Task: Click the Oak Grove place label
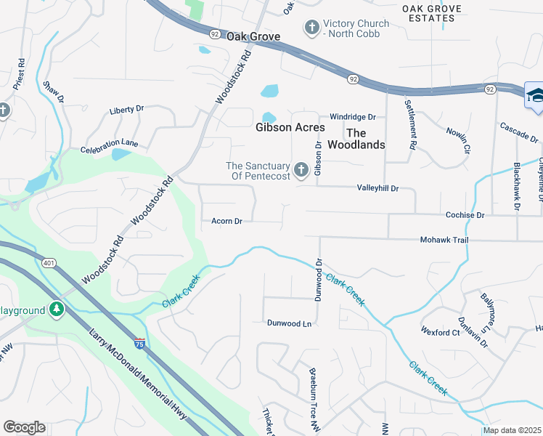click(253, 36)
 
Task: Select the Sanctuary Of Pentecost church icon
click(301, 171)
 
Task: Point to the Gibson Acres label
click(290, 127)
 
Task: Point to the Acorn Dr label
click(226, 221)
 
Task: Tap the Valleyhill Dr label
click(377, 188)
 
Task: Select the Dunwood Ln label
click(289, 323)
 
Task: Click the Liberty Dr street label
click(126, 110)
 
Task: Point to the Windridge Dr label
click(352, 116)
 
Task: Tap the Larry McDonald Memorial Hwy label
click(135, 369)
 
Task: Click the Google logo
click(24, 427)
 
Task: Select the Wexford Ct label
click(440, 331)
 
